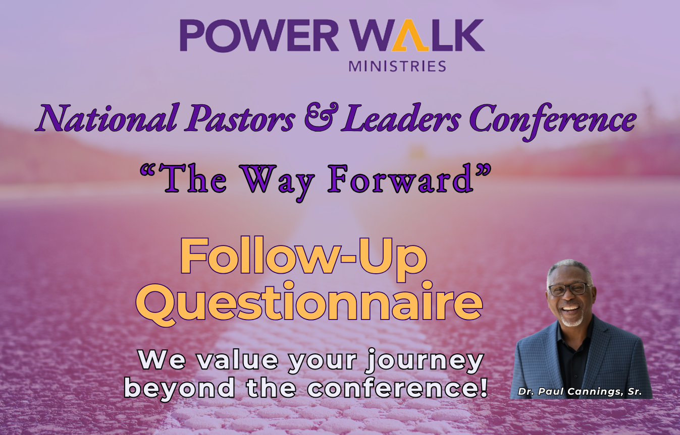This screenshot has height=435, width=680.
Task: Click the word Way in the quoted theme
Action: click(x=273, y=180)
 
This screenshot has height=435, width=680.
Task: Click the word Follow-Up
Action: click(x=303, y=258)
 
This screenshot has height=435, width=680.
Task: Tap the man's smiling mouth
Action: click(x=570, y=307)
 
